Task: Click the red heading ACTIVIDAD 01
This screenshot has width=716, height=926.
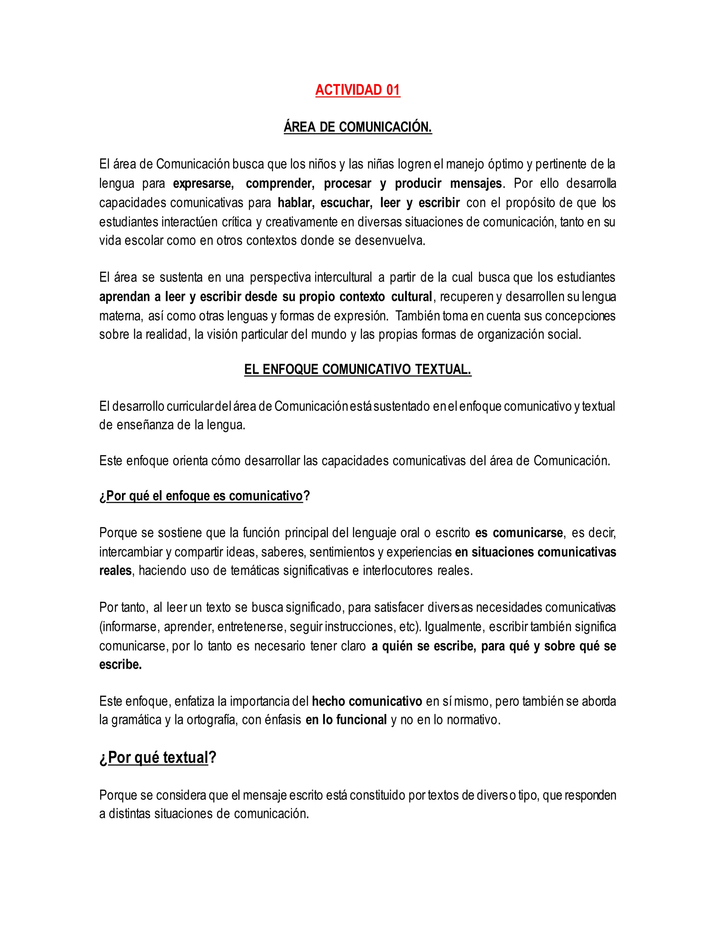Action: pyautogui.click(x=358, y=90)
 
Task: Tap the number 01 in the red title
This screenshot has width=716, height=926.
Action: pyautogui.click(x=393, y=90)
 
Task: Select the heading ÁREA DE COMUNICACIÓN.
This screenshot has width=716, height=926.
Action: pyautogui.click(x=358, y=127)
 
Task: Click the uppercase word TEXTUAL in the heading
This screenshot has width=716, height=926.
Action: pyautogui.click(x=443, y=369)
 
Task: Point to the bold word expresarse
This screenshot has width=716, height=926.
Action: pyautogui.click(x=203, y=183)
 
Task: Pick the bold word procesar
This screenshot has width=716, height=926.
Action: pyautogui.click(x=348, y=183)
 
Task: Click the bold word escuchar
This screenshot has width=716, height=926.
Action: pyautogui.click(x=346, y=203)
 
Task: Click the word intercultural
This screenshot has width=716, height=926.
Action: pyautogui.click(x=343, y=277)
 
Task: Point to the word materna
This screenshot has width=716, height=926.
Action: pyautogui.click(x=121, y=316)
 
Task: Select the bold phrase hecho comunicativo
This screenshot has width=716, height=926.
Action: pyautogui.click(x=367, y=701)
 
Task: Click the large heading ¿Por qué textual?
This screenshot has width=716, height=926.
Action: pyautogui.click(x=158, y=757)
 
